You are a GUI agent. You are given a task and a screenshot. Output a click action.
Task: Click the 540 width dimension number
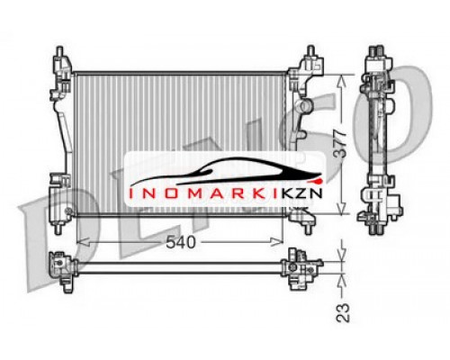click(181, 242)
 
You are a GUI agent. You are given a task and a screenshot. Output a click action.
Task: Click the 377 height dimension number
click(340, 144)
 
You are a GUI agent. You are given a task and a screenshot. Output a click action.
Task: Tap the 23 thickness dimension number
click(343, 313)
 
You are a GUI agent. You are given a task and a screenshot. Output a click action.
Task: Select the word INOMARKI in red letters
click(198, 193)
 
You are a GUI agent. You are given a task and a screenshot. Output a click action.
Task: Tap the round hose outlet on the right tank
click(304, 106)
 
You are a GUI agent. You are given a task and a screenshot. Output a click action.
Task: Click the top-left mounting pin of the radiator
click(60, 51)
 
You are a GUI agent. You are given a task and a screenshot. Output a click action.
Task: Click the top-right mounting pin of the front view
click(310, 50)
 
